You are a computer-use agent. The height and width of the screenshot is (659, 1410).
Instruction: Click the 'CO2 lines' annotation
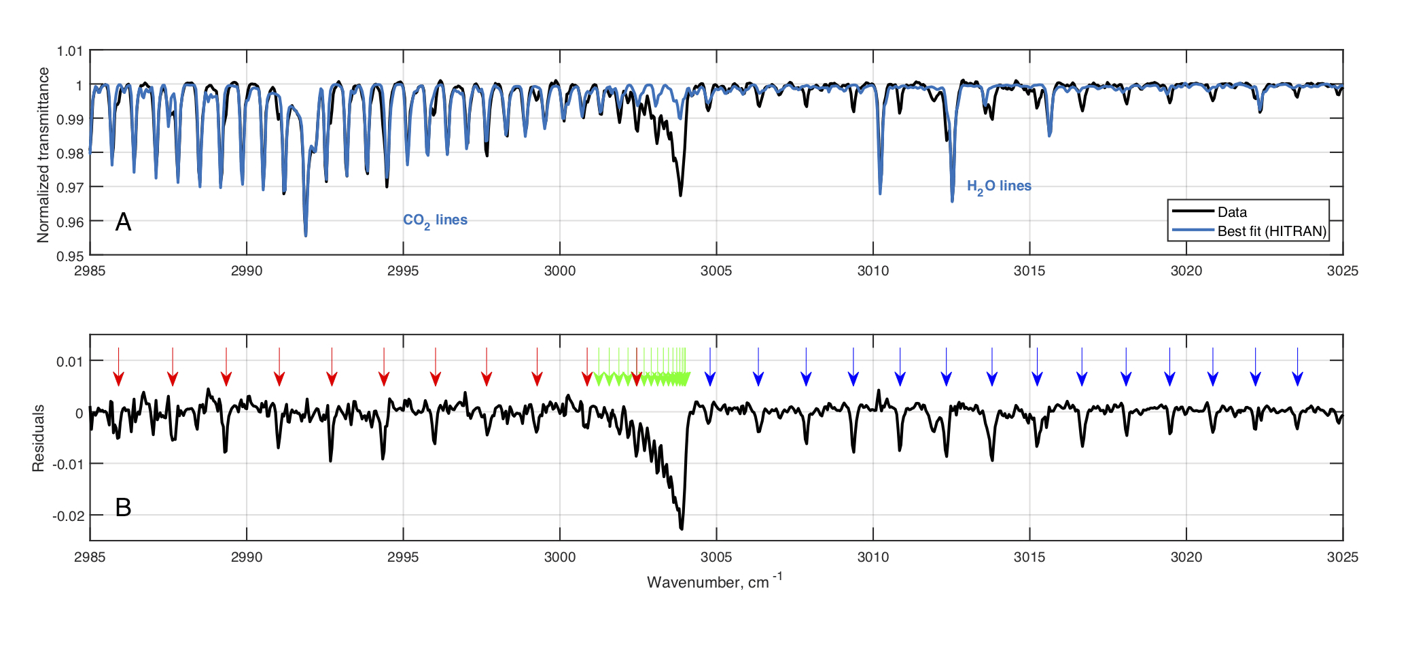click(435, 220)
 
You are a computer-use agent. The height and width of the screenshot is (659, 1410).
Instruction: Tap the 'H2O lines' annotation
click(999, 186)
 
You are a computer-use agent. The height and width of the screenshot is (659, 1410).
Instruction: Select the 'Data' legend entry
click(1231, 212)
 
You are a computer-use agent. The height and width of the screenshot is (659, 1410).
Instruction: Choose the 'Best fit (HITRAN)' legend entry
click(1271, 231)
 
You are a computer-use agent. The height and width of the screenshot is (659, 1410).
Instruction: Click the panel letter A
click(123, 222)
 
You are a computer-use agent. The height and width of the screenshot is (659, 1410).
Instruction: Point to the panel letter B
click(123, 507)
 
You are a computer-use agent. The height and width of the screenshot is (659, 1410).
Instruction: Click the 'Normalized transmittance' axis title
click(43, 154)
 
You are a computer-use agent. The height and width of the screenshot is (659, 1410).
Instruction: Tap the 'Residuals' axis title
click(39, 438)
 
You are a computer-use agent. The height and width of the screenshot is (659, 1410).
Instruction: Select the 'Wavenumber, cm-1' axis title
click(714, 581)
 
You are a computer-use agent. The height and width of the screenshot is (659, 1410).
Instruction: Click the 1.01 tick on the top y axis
click(70, 51)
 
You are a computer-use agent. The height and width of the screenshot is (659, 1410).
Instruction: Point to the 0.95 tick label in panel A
click(70, 256)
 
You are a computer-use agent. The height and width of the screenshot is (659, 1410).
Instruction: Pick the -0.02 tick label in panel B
click(68, 516)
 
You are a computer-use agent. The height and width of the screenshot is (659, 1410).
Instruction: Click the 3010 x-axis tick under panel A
click(873, 271)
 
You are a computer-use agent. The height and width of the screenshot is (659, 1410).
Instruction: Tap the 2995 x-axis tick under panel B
click(403, 557)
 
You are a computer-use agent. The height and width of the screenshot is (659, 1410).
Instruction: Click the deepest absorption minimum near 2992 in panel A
click(306, 235)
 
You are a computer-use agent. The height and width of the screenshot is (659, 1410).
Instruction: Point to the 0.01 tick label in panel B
click(70, 361)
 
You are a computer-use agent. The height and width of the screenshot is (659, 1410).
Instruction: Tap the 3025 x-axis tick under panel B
click(1342, 557)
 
